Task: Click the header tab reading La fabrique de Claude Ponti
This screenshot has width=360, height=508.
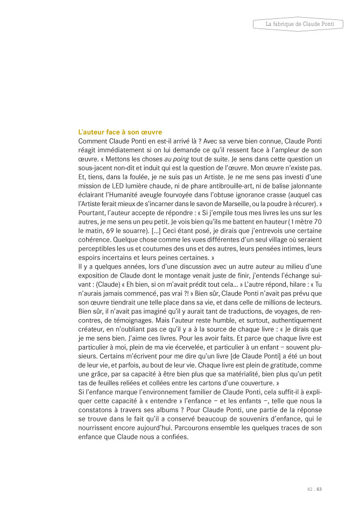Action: pyautogui.click(x=300, y=24)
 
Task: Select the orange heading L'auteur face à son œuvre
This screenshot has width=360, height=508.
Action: pyautogui.click(x=120, y=132)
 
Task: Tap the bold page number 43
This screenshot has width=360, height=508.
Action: pyautogui.click(x=319, y=489)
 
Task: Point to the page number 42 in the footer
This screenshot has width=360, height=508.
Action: pyautogui.click(x=309, y=489)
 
